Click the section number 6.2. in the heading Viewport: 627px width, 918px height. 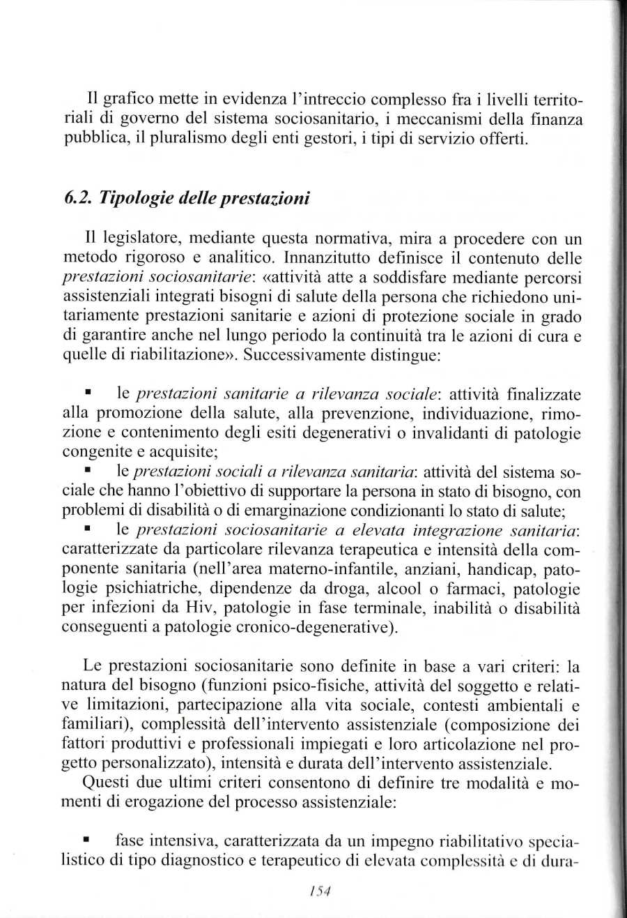click(x=78, y=198)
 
